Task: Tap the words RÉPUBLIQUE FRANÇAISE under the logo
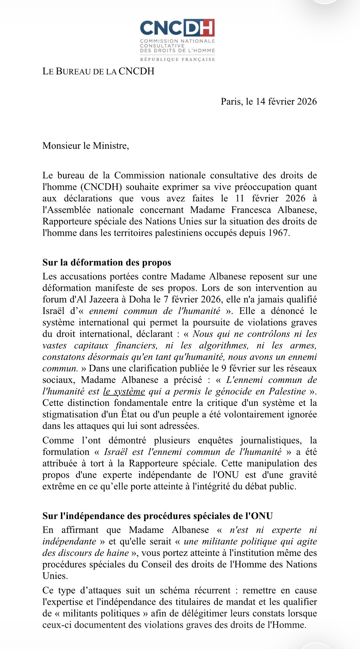coord(177,59)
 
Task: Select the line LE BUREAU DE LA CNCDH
coord(98,71)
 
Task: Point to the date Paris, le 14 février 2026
coord(268,102)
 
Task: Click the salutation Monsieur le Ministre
coord(86,146)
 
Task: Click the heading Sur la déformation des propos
coord(106,262)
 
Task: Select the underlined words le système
coord(124,391)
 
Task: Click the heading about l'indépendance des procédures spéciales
coord(157,516)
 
